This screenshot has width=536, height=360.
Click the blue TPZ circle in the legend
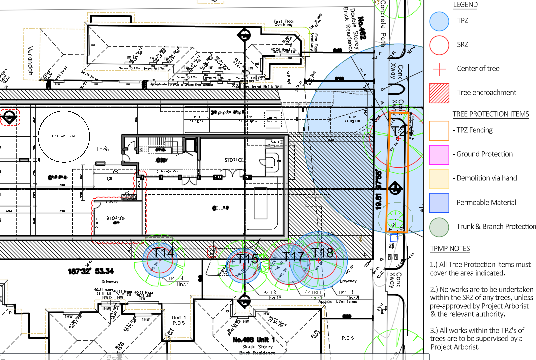[x=439, y=21]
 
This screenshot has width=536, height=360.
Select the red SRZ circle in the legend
[x=439, y=45]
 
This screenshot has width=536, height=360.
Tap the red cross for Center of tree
[x=439, y=69]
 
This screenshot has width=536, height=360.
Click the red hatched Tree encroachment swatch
[x=439, y=93]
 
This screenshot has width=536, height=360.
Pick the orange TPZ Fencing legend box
[x=439, y=130]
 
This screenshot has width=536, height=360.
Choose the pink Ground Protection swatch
[x=439, y=154]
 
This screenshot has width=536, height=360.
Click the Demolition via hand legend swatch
[x=439, y=178]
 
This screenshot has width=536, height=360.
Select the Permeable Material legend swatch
[x=439, y=203]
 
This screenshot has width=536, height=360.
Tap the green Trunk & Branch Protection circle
[x=439, y=227]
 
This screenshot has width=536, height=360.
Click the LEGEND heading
[x=465, y=5]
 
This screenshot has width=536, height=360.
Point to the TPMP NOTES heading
[x=450, y=248]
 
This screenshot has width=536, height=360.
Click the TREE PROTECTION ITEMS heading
[x=490, y=114]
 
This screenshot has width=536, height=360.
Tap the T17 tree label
[x=293, y=257]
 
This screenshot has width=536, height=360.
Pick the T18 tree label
[x=322, y=253]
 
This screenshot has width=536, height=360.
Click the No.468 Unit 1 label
[x=253, y=340]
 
